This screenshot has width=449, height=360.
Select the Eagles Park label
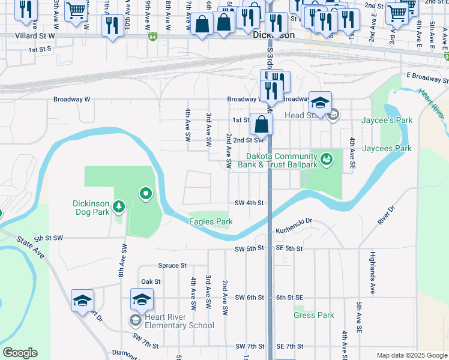[211, 221]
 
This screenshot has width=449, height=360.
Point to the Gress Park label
[313, 315]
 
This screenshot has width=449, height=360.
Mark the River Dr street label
[385, 215]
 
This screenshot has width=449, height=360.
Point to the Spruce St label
[172, 265]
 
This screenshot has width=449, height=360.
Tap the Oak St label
[151, 281]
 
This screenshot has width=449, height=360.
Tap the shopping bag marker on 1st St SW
[261, 125]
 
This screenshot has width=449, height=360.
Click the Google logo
[20, 353]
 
